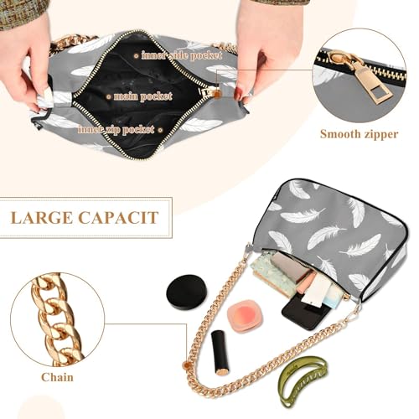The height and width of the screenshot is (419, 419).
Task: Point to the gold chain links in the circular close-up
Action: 51,318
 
